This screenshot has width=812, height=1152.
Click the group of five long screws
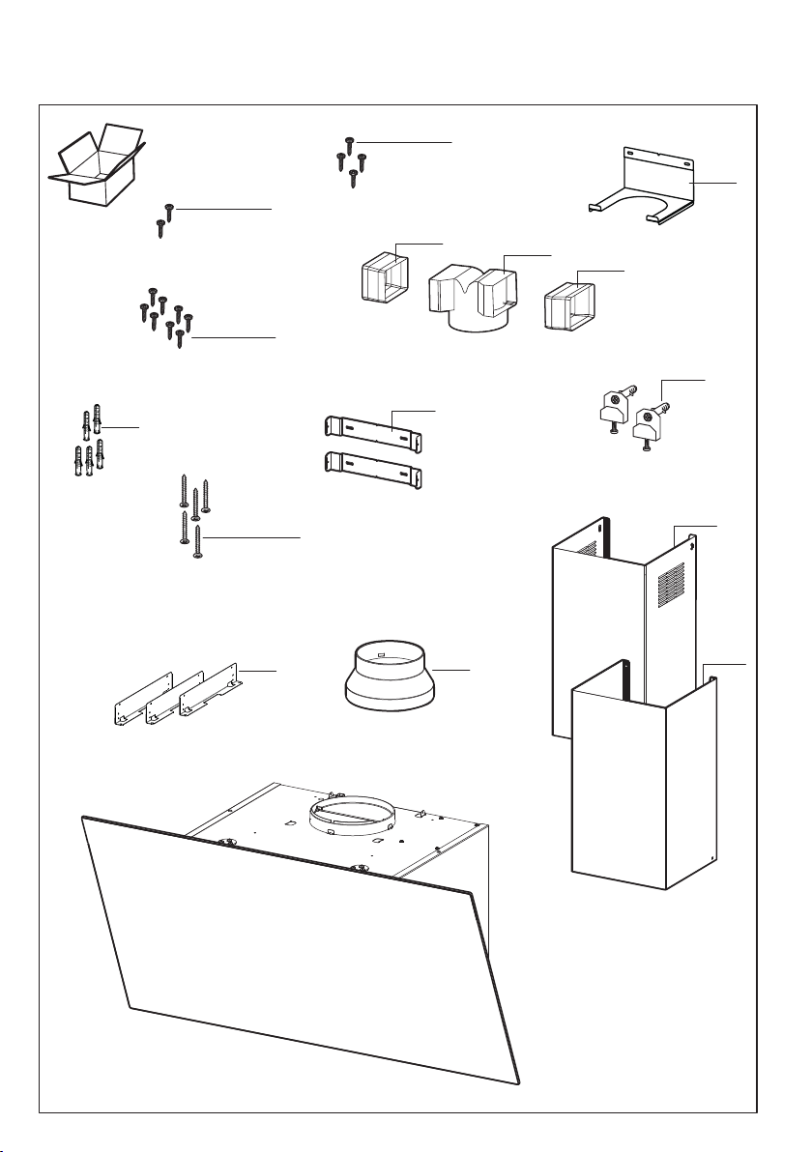point(194,511)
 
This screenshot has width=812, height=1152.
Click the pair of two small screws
point(164,217)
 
